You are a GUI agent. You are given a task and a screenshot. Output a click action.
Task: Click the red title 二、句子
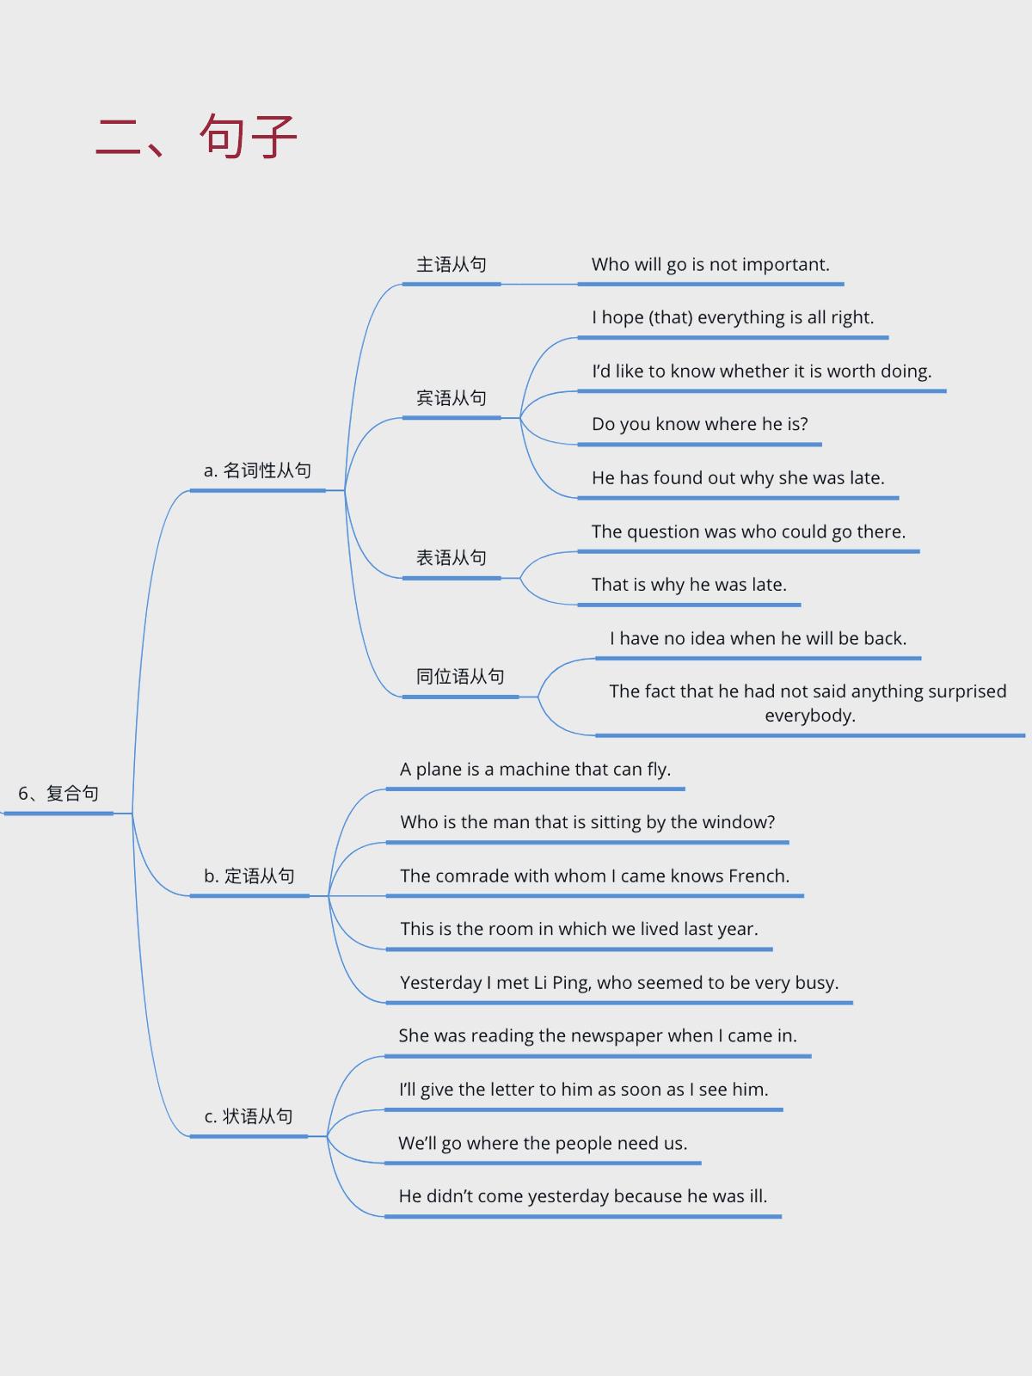pos(196,136)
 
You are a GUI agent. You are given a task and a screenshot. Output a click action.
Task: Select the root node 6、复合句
pos(58,794)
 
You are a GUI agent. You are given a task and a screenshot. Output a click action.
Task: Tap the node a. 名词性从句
pos(257,470)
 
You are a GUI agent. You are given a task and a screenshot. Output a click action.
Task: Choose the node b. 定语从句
pos(249,875)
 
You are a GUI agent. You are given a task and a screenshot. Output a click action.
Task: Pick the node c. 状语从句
pos(249,1115)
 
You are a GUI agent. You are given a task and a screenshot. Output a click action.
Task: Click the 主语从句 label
pos(451,265)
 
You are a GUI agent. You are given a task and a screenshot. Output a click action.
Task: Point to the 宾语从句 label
pos(451,398)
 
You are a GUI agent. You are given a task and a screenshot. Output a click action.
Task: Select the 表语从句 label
pos(451,558)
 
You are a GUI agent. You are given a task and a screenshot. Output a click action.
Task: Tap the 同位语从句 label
pos(460,677)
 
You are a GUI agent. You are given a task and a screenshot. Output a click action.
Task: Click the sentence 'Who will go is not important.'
pos(710,265)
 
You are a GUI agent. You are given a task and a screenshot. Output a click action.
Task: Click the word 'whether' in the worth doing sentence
pos(754,372)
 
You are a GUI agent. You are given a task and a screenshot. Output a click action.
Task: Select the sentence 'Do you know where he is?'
pos(700,424)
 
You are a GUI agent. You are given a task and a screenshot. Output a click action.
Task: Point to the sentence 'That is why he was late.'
pos(689,585)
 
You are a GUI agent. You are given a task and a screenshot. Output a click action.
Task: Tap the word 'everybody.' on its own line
pos(810,716)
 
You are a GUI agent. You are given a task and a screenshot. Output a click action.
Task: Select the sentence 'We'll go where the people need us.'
pos(543,1143)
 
